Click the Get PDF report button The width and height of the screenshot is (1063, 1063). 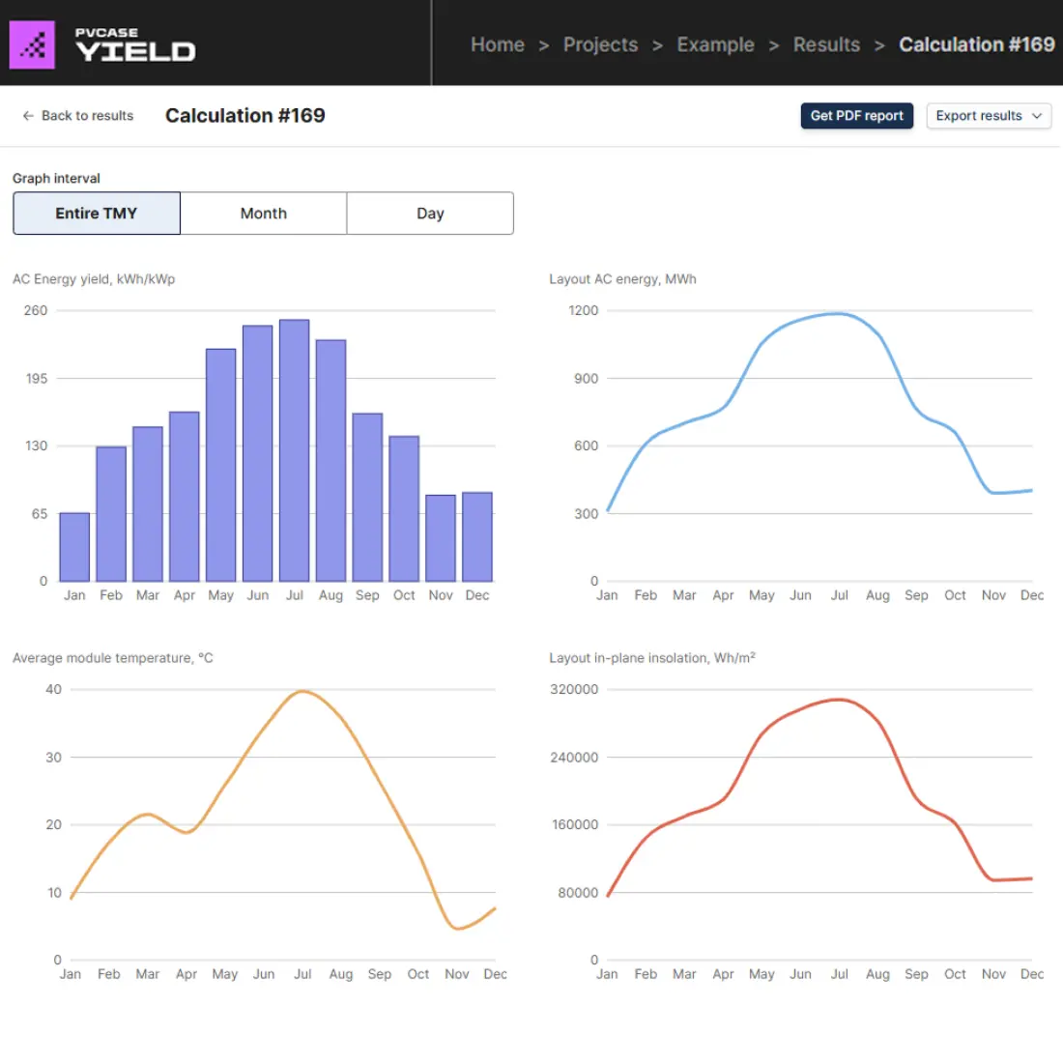click(x=856, y=116)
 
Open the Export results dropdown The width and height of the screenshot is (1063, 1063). click(x=988, y=116)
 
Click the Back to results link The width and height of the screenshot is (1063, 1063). click(x=78, y=116)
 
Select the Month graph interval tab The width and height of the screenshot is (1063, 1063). click(x=263, y=214)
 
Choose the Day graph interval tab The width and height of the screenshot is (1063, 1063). click(x=430, y=214)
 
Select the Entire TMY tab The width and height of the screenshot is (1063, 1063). click(x=97, y=214)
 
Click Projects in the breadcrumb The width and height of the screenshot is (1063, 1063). click(x=600, y=44)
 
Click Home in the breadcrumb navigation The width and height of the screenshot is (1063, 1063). click(x=497, y=44)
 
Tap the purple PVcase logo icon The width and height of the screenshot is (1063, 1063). click(x=32, y=44)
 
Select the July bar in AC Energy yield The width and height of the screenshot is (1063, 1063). click(x=295, y=450)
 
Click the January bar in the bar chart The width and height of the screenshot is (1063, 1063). click(x=74, y=547)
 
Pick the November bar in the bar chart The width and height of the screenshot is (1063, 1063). click(x=441, y=538)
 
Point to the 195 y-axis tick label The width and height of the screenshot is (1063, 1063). click(x=37, y=379)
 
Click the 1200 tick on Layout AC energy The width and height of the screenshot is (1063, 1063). click(x=584, y=310)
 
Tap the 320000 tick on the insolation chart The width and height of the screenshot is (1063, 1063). click(x=574, y=689)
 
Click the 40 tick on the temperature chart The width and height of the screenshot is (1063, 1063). click(x=53, y=689)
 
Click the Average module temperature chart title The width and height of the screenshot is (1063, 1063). click(x=112, y=658)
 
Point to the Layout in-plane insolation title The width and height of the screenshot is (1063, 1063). click(x=651, y=658)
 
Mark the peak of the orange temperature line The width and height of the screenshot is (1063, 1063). click(x=302, y=691)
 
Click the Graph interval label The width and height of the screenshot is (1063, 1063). click(x=56, y=179)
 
